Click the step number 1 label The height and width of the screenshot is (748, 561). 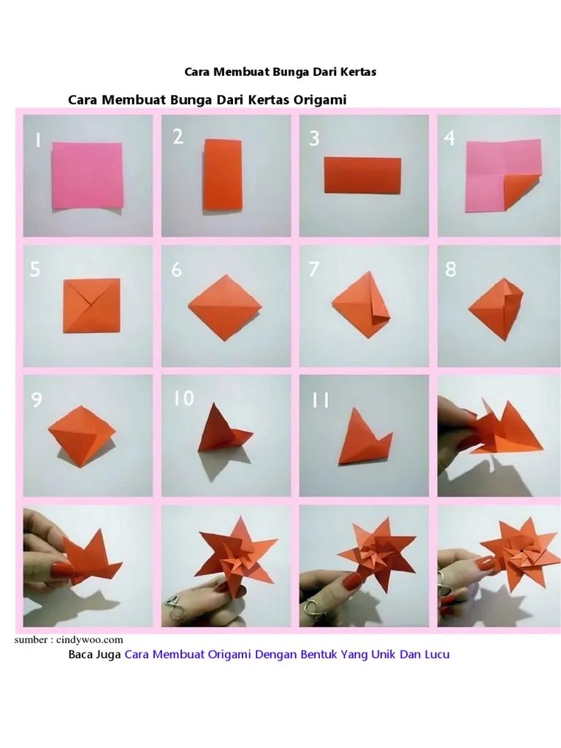pyautogui.click(x=38, y=140)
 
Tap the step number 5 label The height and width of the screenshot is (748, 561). pyautogui.click(x=35, y=269)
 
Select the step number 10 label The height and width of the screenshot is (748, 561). pyautogui.click(x=183, y=398)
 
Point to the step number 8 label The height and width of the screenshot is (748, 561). pyautogui.click(x=450, y=269)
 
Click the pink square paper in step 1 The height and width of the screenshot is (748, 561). pyautogui.click(x=88, y=175)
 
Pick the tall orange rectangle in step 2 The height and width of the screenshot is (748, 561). pyautogui.click(x=224, y=175)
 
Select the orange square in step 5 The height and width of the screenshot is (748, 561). pyautogui.click(x=91, y=306)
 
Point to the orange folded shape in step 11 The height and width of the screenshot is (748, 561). pyautogui.click(x=364, y=437)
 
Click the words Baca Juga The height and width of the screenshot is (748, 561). pyautogui.click(x=94, y=654)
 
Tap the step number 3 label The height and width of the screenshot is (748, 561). pyautogui.click(x=314, y=138)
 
